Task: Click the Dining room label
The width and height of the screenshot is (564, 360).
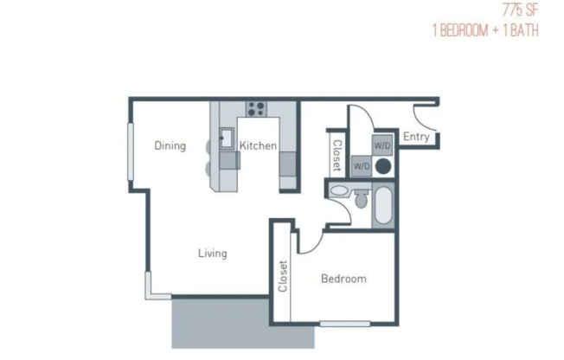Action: pos(170,145)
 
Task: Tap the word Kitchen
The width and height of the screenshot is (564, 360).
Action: pos(258,145)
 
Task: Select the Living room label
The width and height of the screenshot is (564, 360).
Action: pos(212,254)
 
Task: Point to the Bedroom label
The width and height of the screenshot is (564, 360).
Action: pos(343,279)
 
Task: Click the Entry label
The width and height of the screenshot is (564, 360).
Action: pos(416,137)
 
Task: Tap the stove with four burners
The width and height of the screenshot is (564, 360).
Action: pos(255,108)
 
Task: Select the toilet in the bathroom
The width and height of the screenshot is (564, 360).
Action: pos(361,201)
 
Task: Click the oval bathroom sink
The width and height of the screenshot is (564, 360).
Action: pos(339,190)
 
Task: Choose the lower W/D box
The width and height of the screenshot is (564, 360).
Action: pos(362,165)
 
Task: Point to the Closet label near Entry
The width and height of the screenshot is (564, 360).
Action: pos(337,156)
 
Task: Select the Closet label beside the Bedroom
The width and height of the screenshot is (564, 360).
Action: pos(282,277)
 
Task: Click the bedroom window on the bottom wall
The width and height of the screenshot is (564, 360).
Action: pos(338,325)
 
